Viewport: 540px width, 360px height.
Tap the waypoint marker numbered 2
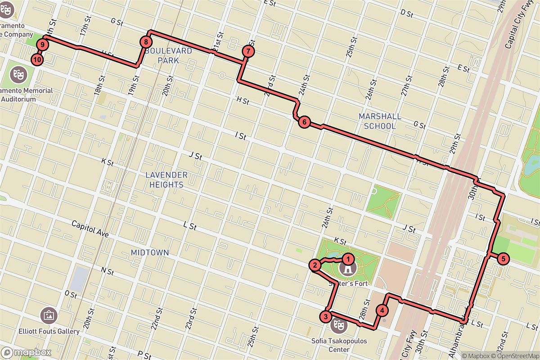pyautogui.click(x=315, y=265)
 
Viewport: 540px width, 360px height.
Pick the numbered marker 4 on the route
pyautogui.click(x=382, y=310)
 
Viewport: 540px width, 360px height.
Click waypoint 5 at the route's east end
pyautogui.click(x=503, y=259)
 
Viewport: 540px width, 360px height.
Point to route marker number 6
pyautogui.click(x=304, y=122)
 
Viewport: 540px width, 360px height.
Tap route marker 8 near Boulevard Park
pyautogui.click(x=146, y=42)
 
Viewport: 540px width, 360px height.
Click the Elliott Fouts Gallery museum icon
pyautogui.click(x=48, y=315)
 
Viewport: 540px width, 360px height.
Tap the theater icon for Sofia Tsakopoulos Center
pyautogui.click(x=337, y=324)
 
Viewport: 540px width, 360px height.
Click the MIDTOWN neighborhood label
pyautogui.click(x=150, y=253)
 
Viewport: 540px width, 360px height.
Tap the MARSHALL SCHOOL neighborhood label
pyautogui.click(x=380, y=121)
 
